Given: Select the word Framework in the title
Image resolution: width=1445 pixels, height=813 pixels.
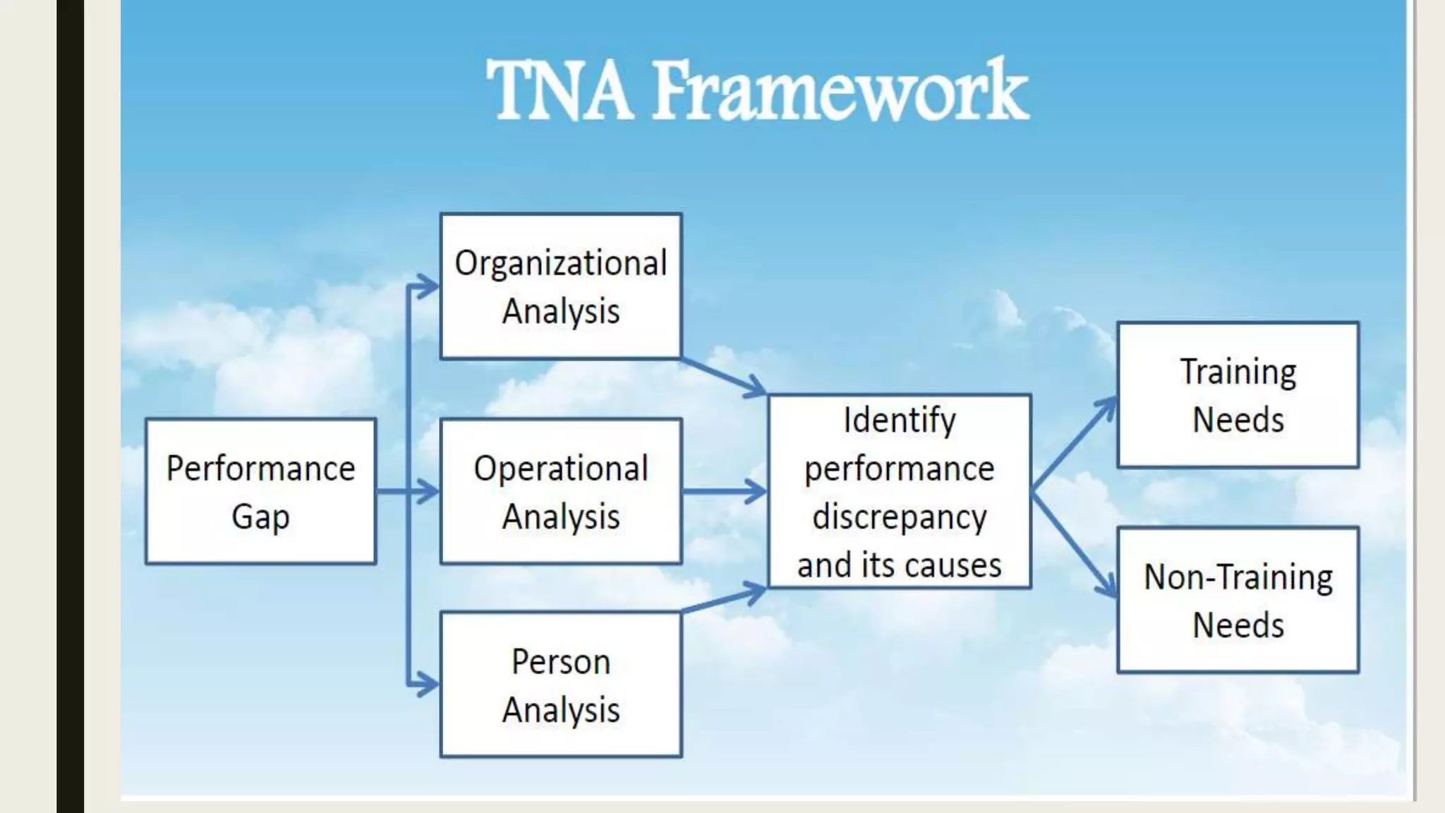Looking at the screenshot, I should click(x=840, y=90).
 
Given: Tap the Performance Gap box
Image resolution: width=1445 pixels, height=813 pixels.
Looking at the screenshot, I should click(x=260, y=491).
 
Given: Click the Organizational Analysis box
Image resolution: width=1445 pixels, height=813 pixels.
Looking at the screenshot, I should click(x=561, y=287).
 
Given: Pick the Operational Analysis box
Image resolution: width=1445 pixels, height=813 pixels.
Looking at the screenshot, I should click(x=561, y=491).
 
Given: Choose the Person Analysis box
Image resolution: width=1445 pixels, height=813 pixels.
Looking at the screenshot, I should click(x=561, y=685).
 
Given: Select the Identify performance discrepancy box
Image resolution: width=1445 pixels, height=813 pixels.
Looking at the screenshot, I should click(x=900, y=491).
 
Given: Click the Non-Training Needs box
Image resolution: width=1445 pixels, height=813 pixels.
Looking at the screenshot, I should click(x=1238, y=600).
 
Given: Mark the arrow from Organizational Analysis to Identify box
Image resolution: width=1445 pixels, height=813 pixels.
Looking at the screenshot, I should click(x=724, y=375).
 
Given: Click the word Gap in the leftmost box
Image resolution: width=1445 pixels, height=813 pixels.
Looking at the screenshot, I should click(x=260, y=517).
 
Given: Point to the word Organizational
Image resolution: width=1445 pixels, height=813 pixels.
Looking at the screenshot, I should click(x=561, y=263).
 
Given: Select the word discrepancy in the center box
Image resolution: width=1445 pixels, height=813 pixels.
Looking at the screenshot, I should click(x=900, y=517).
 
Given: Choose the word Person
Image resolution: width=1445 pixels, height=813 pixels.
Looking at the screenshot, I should click(x=561, y=662).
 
